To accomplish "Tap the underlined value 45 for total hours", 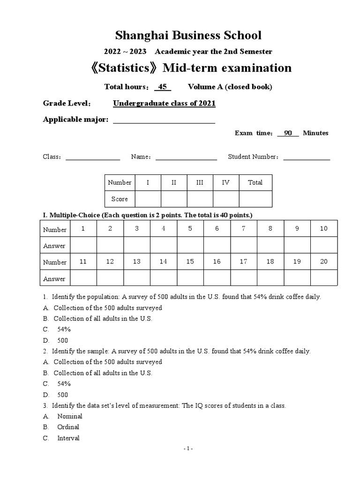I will [x=163, y=87].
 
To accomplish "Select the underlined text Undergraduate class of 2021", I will [x=165, y=104].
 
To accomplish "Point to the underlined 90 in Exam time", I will [x=288, y=133].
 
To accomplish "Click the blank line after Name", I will [x=186, y=157].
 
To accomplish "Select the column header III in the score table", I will [x=200, y=183].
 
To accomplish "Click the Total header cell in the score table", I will [x=255, y=183].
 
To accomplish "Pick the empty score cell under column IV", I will [x=225, y=199].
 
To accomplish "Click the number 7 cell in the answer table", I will [x=243, y=229].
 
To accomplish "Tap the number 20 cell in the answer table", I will [x=323, y=262].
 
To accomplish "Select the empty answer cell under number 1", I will [x=83, y=245].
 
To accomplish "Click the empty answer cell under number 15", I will [x=190, y=278].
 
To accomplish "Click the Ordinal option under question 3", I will [x=68, y=427].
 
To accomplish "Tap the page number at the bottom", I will [x=188, y=449].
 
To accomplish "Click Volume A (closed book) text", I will [x=230, y=87].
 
